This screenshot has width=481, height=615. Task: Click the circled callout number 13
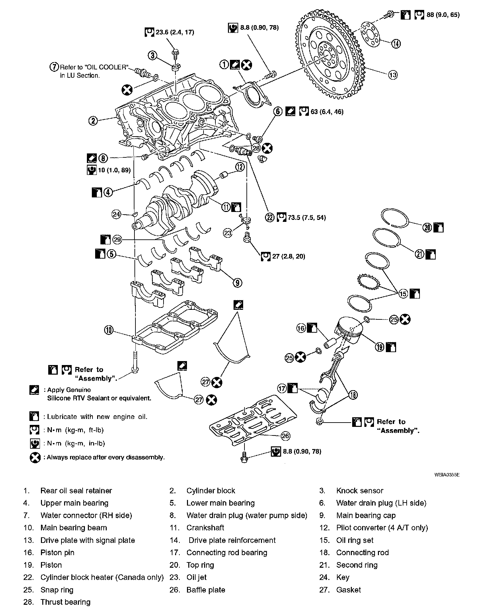tap(392, 75)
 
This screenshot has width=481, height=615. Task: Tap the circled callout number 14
tap(396, 43)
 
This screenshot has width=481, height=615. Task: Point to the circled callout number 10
tap(109, 329)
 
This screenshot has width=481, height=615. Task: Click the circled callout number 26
tap(285, 436)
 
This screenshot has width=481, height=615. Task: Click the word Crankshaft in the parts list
tap(205, 528)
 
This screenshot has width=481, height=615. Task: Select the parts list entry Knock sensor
tap(359, 491)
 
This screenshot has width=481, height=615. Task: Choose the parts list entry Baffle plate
tap(205, 590)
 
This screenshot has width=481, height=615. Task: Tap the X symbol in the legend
tap(35, 458)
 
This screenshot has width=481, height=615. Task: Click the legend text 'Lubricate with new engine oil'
tap(97, 417)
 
